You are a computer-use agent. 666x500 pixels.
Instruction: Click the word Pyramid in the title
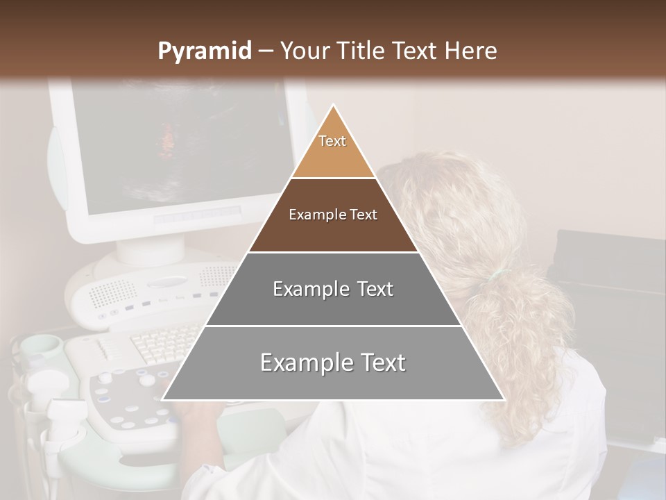[204, 51]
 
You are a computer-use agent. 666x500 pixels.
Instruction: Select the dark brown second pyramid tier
[333, 215]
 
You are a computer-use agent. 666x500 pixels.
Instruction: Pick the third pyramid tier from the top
[333, 289]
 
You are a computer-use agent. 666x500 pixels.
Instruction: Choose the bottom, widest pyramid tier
[333, 362]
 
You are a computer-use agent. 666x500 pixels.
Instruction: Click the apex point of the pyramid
[333, 106]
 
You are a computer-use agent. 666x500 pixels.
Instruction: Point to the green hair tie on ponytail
[495, 276]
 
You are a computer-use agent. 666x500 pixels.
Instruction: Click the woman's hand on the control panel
[198, 417]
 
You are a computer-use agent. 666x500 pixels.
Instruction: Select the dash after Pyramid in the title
[266, 51]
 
